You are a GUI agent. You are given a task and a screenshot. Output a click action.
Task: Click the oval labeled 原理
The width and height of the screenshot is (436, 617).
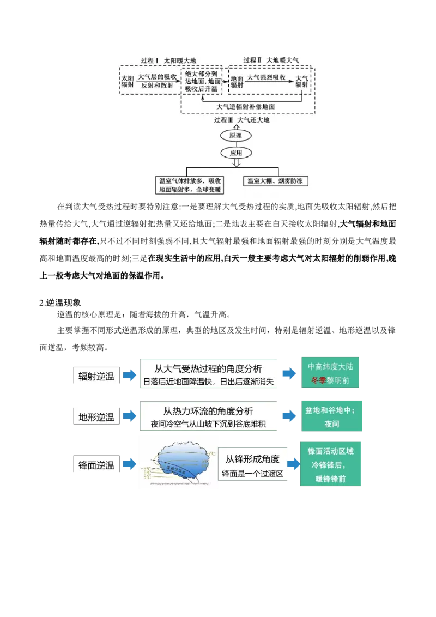[x=235, y=135]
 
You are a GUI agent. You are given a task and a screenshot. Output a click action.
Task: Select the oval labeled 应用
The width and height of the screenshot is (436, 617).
[x=235, y=153]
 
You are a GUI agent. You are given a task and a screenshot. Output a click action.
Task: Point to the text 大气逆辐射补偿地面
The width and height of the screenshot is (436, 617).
[x=245, y=106]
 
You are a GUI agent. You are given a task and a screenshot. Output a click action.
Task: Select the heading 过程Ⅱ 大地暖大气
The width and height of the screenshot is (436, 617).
[x=271, y=59]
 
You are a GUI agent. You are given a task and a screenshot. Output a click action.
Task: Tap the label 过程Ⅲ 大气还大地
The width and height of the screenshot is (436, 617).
[x=241, y=120]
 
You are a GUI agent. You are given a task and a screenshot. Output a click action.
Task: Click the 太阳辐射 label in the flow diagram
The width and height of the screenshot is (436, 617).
[x=127, y=81]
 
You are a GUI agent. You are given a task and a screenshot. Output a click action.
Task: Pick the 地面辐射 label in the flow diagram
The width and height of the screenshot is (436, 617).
[x=237, y=81]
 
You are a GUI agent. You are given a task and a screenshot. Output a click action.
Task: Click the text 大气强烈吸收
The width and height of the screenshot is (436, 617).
[x=267, y=77]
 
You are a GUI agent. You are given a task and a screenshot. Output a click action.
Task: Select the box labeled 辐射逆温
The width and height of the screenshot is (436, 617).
[x=96, y=376]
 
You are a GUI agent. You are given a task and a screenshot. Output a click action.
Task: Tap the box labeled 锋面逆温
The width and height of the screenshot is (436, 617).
[x=96, y=465]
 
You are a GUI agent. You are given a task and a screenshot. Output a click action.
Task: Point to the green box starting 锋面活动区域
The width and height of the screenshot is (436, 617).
[x=330, y=465]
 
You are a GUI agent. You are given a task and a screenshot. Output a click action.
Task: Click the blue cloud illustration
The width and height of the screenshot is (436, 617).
[x=178, y=461]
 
